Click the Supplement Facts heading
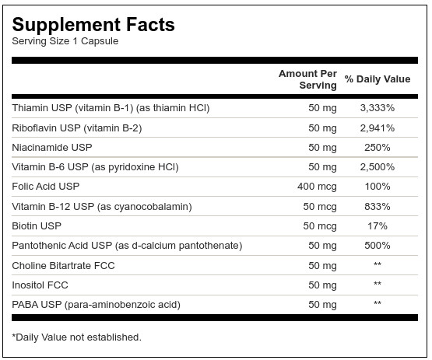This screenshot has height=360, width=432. (x=93, y=25)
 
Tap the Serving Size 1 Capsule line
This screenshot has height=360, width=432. (x=65, y=41)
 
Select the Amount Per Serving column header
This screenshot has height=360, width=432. (x=307, y=79)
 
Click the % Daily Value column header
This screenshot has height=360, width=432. (x=378, y=79)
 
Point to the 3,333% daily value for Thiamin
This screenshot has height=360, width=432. (x=378, y=108)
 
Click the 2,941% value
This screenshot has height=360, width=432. (x=378, y=128)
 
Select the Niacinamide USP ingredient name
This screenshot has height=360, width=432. (x=52, y=147)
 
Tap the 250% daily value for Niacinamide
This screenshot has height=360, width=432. (x=378, y=148)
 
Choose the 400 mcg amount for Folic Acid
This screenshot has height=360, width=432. (x=317, y=187)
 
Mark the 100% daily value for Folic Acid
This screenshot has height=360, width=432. (x=378, y=187)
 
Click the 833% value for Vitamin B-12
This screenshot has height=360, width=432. (x=378, y=206)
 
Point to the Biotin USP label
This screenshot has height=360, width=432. (x=37, y=226)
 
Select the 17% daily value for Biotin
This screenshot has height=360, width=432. (x=378, y=226)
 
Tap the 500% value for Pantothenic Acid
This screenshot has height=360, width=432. (x=378, y=246)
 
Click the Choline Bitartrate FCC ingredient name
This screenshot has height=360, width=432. (x=63, y=266)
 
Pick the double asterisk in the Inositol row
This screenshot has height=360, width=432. (x=378, y=283)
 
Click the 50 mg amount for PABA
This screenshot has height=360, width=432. (x=322, y=305)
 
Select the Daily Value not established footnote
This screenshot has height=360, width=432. (x=76, y=337)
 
